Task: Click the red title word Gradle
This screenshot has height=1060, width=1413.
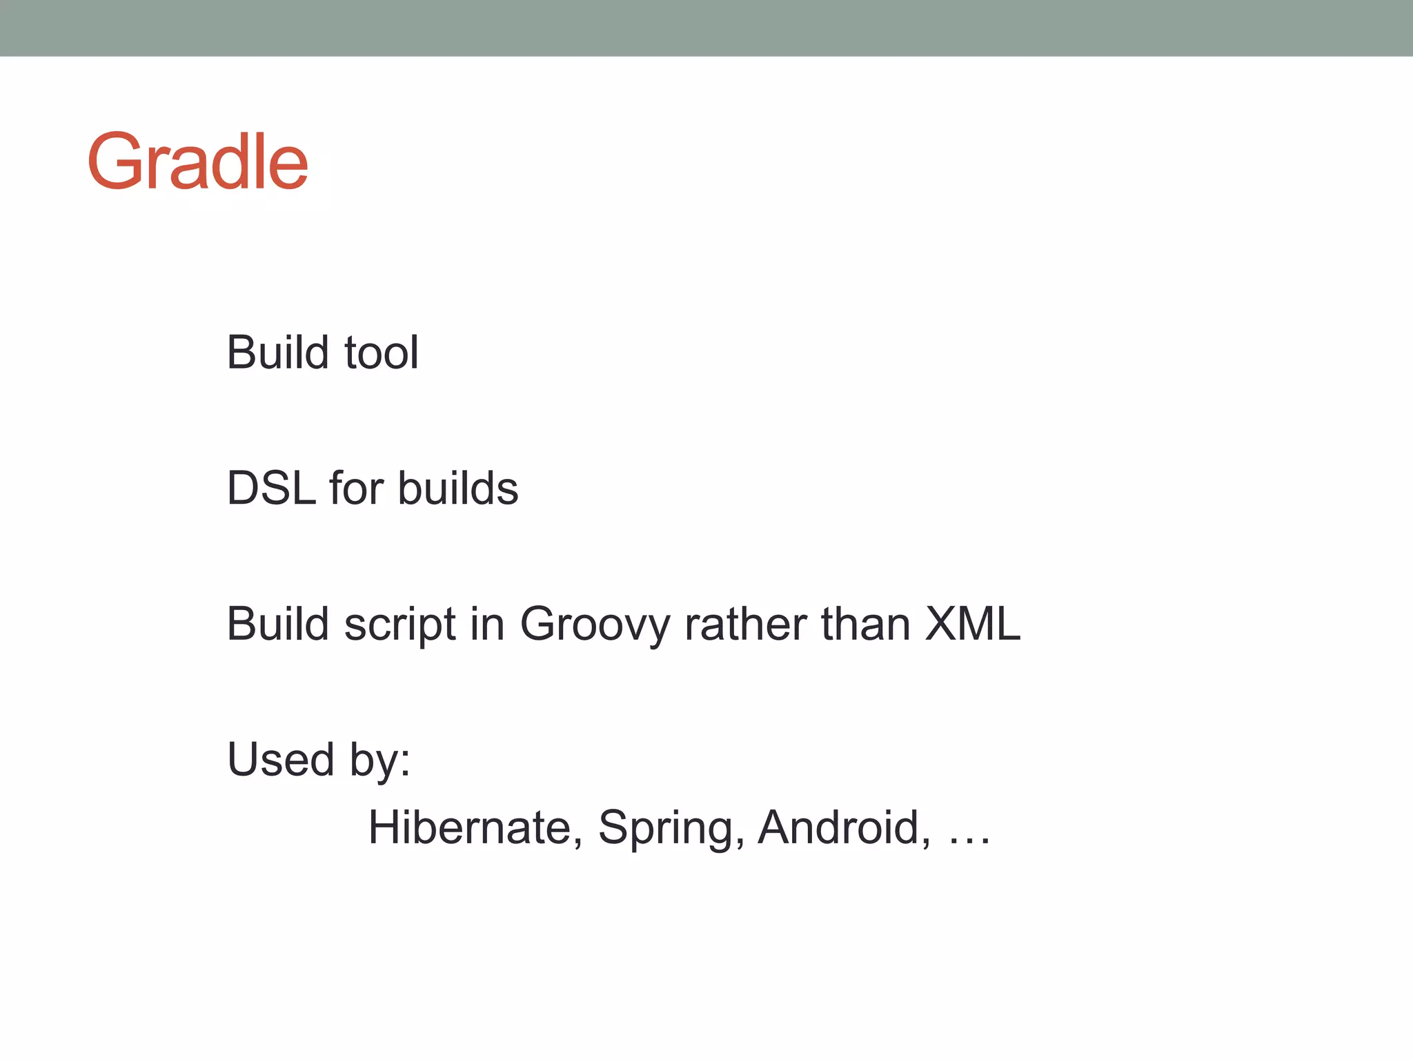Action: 197,162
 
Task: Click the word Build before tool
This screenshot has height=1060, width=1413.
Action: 278,353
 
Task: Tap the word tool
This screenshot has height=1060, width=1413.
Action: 381,353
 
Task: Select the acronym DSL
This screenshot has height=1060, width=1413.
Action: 271,489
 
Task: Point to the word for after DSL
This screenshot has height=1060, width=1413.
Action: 356,489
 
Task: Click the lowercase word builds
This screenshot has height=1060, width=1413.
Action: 457,489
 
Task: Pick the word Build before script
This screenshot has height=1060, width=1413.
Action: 278,624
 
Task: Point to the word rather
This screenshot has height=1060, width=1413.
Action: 745,624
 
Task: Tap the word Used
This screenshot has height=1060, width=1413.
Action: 281,760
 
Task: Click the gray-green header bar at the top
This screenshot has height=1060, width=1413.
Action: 706,28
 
